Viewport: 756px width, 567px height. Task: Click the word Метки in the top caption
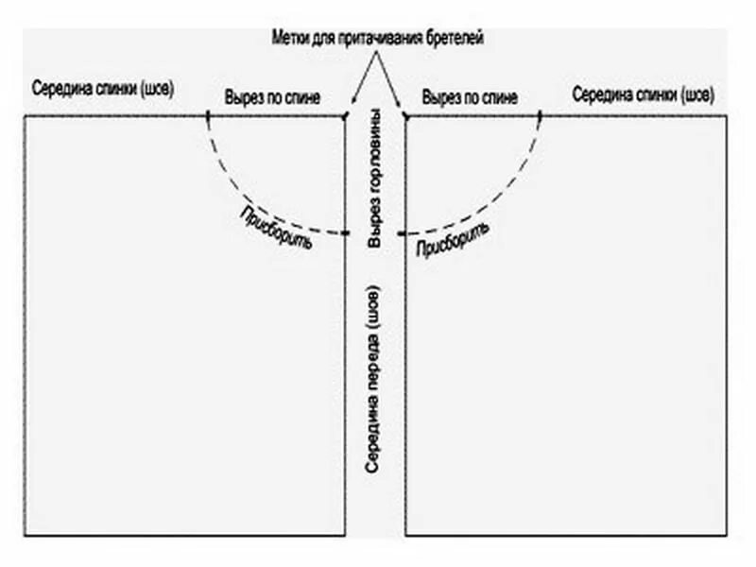[289, 37]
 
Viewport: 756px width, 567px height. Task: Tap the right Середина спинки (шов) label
[644, 95]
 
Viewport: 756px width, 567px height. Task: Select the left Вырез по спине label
[273, 96]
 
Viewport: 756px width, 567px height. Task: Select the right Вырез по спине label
[470, 96]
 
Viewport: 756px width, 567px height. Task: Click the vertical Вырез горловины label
[375, 179]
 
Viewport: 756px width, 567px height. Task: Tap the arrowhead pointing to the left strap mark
[352, 102]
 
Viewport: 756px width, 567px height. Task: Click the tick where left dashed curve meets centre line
[345, 233]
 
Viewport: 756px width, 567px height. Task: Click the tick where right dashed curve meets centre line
[404, 233]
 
